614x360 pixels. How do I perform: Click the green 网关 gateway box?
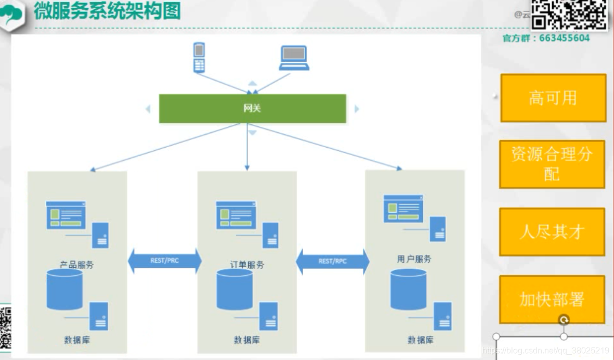(x=252, y=108)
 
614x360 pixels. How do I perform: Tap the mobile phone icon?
(x=199, y=58)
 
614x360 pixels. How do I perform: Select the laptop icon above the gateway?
(x=294, y=58)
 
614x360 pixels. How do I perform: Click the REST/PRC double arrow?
(x=164, y=261)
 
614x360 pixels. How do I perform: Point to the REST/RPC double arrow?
(x=332, y=261)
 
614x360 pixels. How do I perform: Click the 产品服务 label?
(x=76, y=264)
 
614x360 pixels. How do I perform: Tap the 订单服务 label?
(x=247, y=264)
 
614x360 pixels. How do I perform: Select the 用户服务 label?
(x=414, y=259)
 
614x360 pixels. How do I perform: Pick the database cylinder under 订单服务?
(x=235, y=289)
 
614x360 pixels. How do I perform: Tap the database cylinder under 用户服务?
(x=408, y=289)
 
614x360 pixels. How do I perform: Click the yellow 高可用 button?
(x=553, y=98)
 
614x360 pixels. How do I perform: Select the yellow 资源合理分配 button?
(x=552, y=164)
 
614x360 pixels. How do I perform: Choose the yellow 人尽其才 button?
(x=552, y=232)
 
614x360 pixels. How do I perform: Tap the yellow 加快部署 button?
(x=552, y=299)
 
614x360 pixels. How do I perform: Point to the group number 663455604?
(x=565, y=38)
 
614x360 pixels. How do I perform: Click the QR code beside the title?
(x=569, y=14)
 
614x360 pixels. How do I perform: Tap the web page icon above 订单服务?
(x=235, y=215)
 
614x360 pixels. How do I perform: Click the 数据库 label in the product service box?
(x=77, y=340)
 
